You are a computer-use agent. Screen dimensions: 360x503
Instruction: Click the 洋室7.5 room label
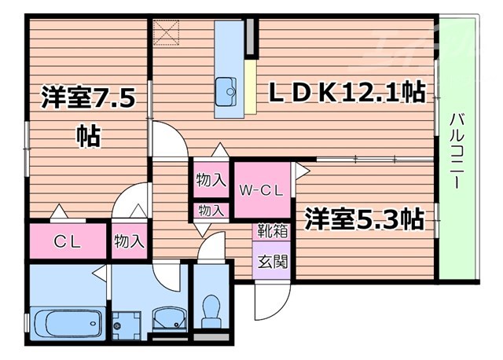(89, 99)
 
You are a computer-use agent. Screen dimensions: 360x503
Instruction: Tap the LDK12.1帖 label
(347, 92)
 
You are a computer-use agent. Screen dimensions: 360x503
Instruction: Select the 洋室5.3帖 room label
(365, 217)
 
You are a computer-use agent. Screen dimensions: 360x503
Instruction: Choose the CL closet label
(67, 241)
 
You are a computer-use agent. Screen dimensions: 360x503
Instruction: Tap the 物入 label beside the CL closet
(129, 241)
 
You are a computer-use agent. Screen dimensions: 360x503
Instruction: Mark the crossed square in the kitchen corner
(166, 32)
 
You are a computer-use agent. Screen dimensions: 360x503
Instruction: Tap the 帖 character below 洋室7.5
(88, 134)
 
